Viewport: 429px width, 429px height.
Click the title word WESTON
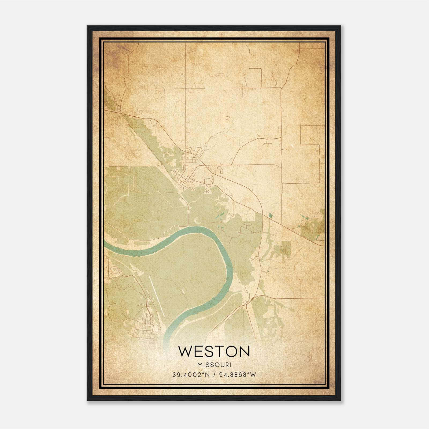pos(214,352)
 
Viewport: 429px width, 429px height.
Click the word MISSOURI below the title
pos(214,365)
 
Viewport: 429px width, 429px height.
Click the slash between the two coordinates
pos(214,375)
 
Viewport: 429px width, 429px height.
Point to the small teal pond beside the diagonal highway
pos(270,215)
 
